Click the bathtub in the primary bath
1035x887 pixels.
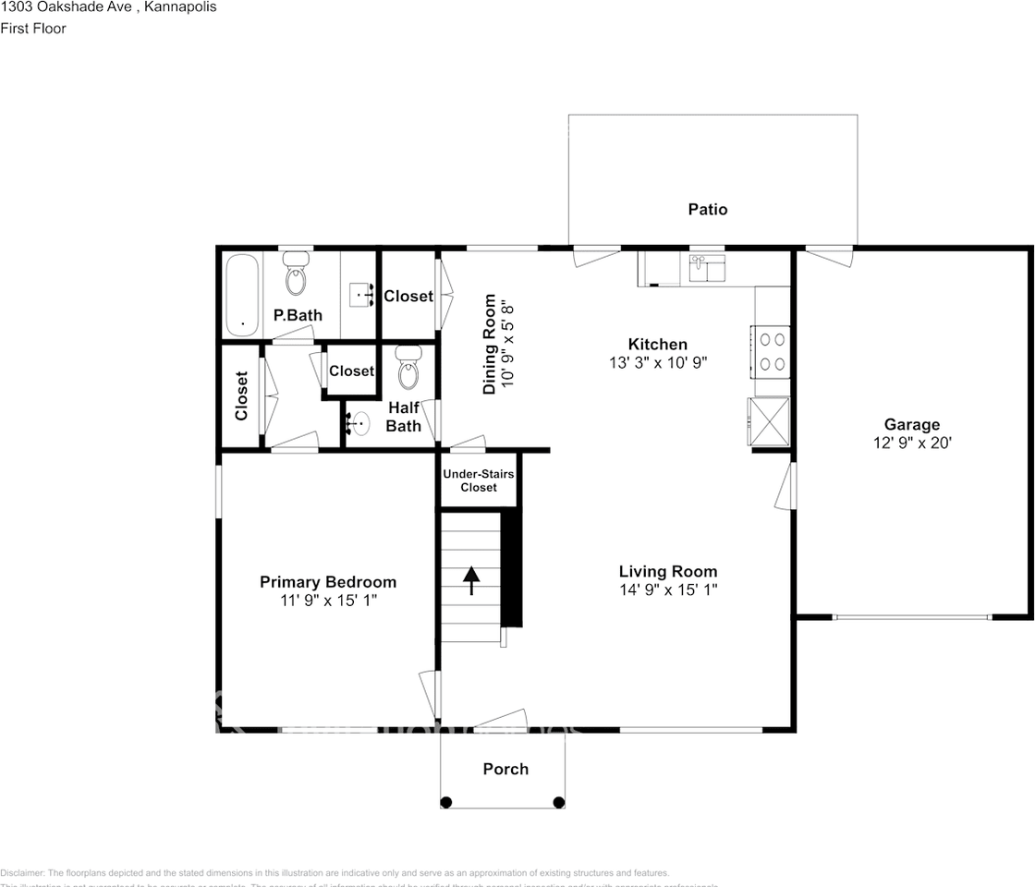[243, 294]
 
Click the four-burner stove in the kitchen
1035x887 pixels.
[773, 351]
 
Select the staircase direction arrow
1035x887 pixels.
[471, 580]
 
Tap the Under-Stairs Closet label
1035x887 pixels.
[478, 480]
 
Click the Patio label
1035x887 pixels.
[708, 210]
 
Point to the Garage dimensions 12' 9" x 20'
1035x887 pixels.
[912, 443]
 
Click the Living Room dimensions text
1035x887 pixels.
[668, 589]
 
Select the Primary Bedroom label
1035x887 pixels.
[328, 582]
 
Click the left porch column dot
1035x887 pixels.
[447, 802]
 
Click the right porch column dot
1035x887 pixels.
[558, 802]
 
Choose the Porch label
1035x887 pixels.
[505, 769]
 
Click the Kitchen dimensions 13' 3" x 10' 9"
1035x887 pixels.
[659, 363]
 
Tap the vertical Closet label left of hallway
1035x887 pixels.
[242, 395]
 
